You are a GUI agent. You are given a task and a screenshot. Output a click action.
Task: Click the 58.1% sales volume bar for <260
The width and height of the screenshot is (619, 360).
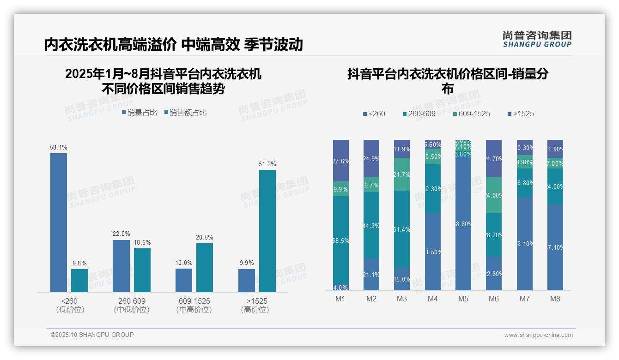[59, 222]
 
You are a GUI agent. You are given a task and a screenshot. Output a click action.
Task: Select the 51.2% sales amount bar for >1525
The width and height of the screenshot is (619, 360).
[267, 231]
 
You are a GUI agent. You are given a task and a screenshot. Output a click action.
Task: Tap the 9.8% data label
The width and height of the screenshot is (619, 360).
[79, 263]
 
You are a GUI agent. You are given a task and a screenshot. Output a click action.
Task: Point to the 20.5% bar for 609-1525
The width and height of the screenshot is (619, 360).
[205, 268]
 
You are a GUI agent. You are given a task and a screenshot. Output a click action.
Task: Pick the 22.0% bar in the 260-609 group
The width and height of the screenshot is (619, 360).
[121, 266]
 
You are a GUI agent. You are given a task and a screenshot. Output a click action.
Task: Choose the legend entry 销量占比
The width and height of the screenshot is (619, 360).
[140, 112]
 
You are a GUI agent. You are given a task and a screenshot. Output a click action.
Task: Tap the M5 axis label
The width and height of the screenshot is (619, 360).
[463, 299]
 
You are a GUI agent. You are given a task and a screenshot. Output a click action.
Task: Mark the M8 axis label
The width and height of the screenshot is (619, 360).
[555, 299]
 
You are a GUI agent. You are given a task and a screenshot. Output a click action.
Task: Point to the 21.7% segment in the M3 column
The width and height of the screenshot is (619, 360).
[402, 174]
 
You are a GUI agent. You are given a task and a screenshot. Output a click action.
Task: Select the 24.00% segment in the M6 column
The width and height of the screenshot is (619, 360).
[494, 195]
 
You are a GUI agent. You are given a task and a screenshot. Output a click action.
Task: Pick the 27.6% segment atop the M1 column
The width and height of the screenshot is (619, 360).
[340, 161]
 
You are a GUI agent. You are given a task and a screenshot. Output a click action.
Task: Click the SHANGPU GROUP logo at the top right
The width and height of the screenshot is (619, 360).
[537, 39]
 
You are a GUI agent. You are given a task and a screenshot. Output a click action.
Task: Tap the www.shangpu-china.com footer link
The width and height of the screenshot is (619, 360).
[538, 335]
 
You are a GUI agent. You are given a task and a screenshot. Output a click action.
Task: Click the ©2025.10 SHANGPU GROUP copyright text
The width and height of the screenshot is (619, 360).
[92, 335]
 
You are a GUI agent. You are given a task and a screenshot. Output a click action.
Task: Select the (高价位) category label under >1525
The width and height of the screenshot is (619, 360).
[255, 310]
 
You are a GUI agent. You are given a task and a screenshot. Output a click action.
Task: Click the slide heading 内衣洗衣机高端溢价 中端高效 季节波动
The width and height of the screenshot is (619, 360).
[174, 45]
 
